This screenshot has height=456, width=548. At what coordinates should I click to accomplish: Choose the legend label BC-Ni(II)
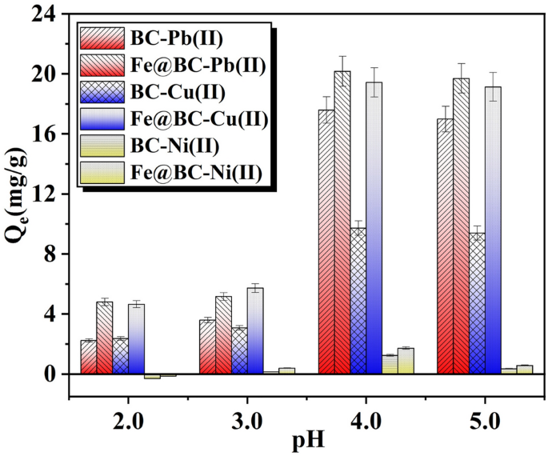click(174, 145)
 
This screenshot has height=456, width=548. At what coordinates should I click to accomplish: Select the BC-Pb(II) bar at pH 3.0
click(207, 347)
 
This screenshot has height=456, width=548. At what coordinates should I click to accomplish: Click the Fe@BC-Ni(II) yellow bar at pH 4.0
click(406, 361)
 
